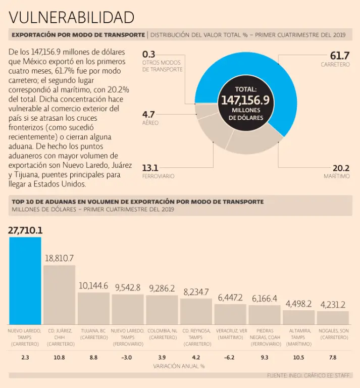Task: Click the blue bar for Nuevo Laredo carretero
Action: pos(25,280)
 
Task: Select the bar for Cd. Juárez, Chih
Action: pos(59,295)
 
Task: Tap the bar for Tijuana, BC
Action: pos(93,308)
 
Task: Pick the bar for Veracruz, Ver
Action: pos(230,314)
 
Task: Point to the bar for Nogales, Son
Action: pos(333,317)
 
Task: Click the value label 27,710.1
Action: pos(25,230)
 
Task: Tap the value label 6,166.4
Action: pos(264,299)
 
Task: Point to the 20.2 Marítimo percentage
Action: pos(341,168)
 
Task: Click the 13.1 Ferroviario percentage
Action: pos(150,168)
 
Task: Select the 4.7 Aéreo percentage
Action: pos(148,114)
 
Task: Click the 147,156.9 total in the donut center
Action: pos(245,100)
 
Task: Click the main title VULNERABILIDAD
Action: pos(72,17)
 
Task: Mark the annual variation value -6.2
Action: pos(230,357)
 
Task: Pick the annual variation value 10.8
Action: pos(59,357)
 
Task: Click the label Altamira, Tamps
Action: pos(298,334)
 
